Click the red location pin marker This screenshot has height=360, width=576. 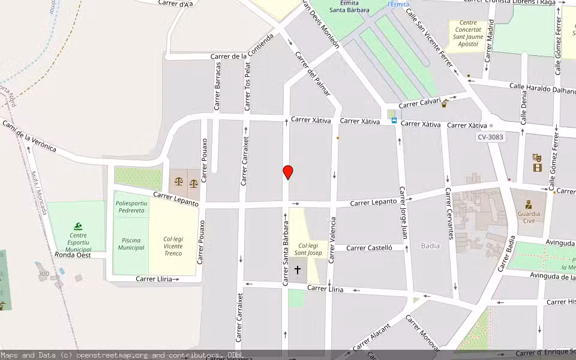tap(288, 172)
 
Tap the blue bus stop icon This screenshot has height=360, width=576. tap(394, 120)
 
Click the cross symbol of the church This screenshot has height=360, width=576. tap(298, 271)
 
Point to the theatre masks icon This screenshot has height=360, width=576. tap(537, 157)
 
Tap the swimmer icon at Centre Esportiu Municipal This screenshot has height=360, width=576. tap(78, 226)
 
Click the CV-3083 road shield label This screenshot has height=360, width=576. tap(490, 137)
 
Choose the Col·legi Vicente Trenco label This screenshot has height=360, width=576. tap(173, 247)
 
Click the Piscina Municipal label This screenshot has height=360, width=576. tap(131, 244)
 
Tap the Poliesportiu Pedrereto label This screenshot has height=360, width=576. tap(131, 207)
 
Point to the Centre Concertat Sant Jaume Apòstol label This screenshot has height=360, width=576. tap(468, 33)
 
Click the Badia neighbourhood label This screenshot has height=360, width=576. tap(430, 245)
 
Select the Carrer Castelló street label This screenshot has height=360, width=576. tap(369, 247)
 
